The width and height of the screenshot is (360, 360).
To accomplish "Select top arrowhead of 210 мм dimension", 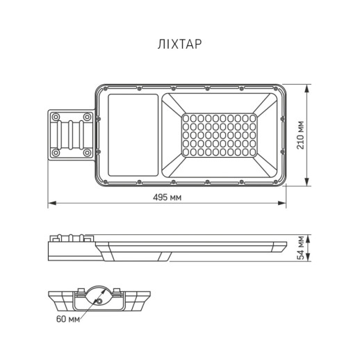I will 309,88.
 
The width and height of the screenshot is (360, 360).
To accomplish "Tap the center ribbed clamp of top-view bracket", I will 71,134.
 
